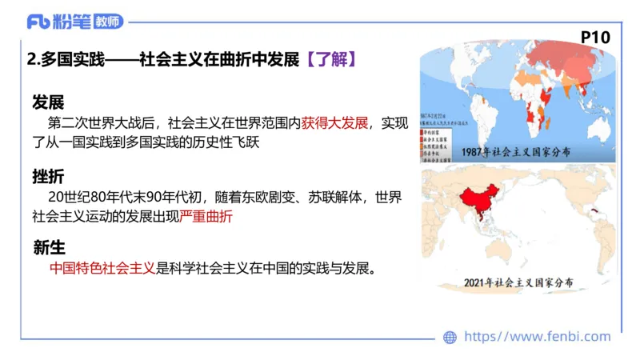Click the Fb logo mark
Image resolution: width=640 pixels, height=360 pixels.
click(x=38, y=22)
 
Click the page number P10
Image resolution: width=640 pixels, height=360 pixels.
click(x=595, y=37)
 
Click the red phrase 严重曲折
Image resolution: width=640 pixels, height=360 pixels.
click(x=206, y=216)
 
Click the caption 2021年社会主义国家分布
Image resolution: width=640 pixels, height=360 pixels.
click(x=524, y=282)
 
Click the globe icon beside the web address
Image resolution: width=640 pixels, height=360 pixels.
click(x=450, y=337)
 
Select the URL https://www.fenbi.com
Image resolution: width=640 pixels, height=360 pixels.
click(x=537, y=337)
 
